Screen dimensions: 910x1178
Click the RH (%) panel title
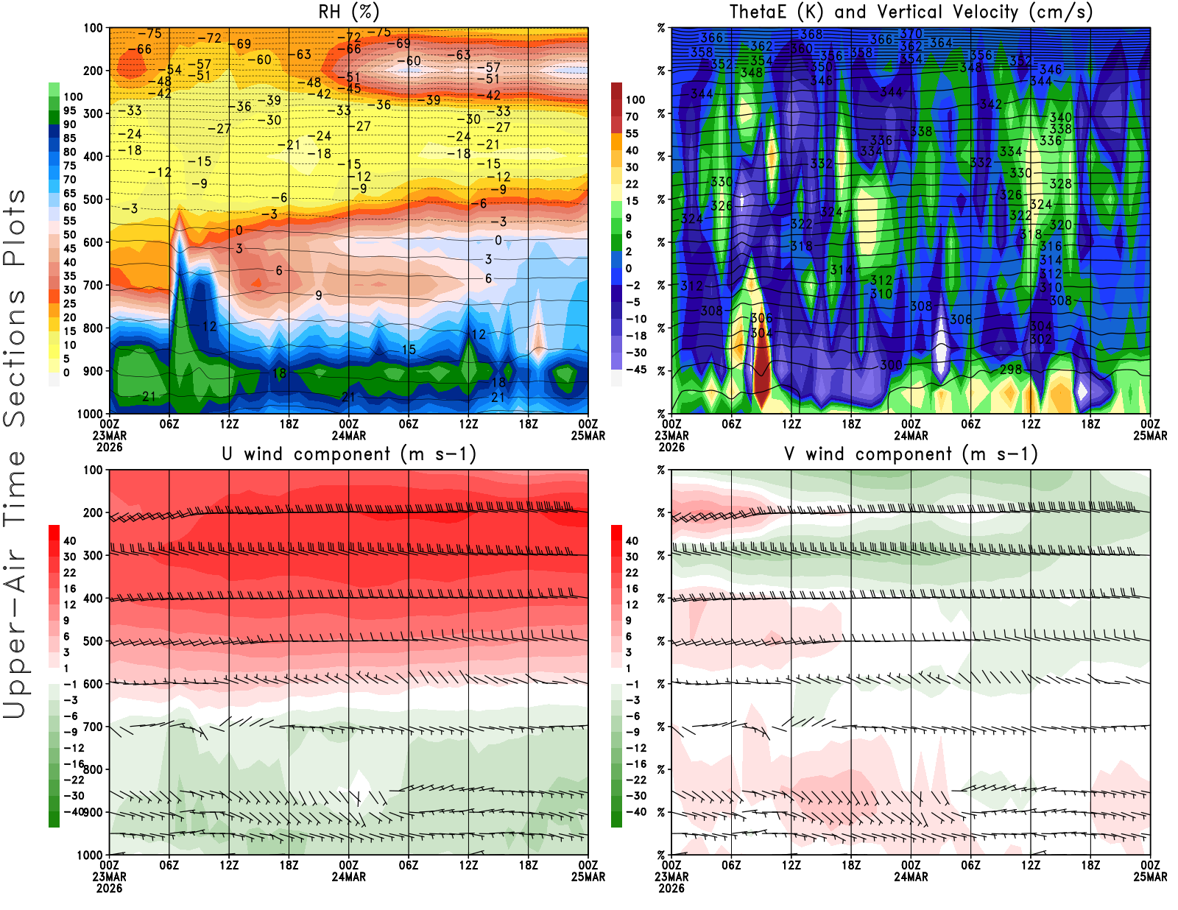(x=348, y=12)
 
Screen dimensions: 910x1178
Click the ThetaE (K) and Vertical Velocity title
(x=911, y=12)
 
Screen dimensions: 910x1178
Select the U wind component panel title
(x=348, y=454)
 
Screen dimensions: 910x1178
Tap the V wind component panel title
(x=911, y=454)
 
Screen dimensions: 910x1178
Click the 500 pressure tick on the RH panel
(x=93, y=200)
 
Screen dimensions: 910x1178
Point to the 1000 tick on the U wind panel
(x=90, y=855)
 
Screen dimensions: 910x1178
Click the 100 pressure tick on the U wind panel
(x=93, y=470)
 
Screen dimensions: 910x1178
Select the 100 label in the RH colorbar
(x=73, y=96)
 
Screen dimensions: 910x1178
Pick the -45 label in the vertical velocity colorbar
(x=635, y=370)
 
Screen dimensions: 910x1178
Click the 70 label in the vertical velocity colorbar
(x=632, y=116)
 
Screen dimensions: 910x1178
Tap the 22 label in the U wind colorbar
(x=70, y=573)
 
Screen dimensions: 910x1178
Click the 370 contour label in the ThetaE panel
(x=911, y=33)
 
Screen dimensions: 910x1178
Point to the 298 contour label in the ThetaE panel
(x=1011, y=369)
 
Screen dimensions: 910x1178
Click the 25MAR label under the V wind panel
(x=1150, y=876)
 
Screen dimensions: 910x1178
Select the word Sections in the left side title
(x=15, y=357)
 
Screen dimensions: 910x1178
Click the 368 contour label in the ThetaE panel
(x=811, y=34)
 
